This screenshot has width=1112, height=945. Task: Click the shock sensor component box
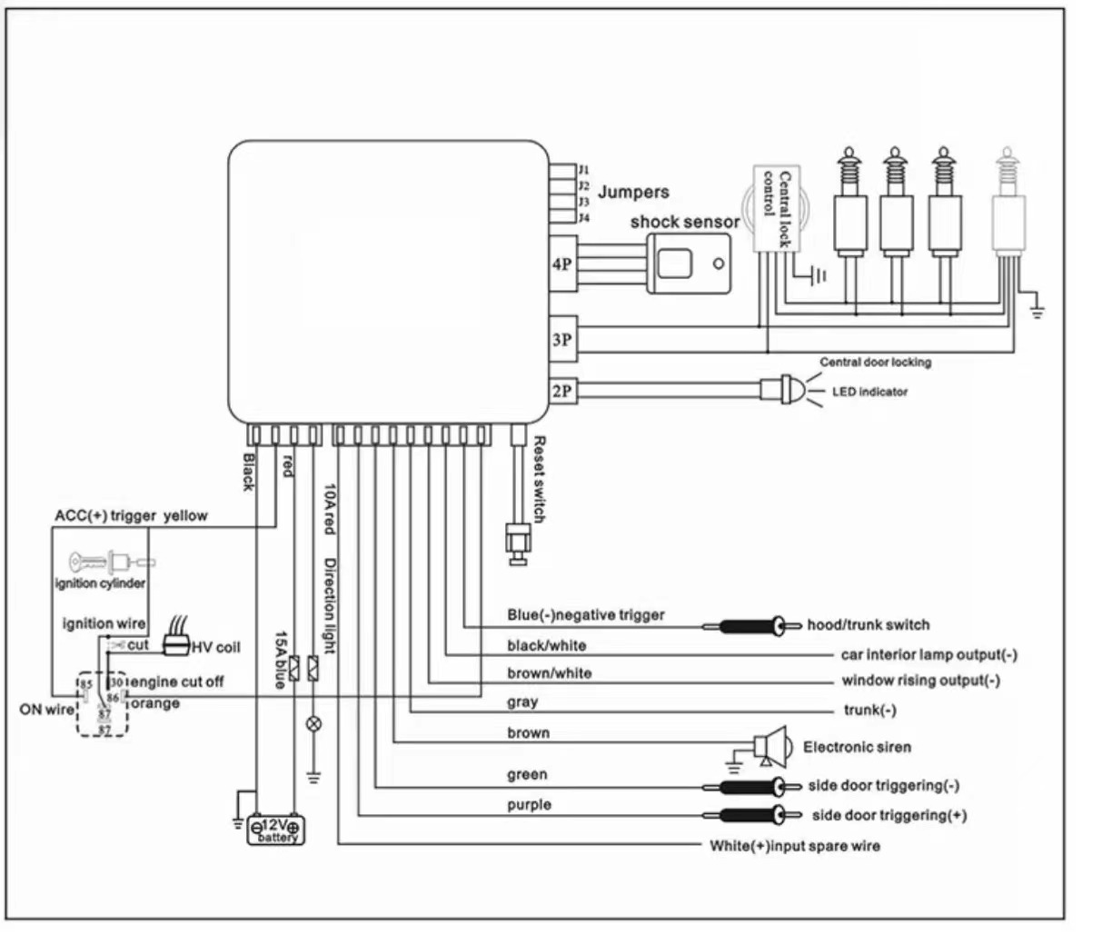pyautogui.click(x=690, y=263)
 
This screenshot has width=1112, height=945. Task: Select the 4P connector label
pyautogui.click(x=562, y=264)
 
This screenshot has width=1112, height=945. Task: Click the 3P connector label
pyautogui.click(x=562, y=339)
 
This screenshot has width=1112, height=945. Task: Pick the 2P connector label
pyautogui.click(x=562, y=391)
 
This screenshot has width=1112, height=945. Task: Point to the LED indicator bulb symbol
pyautogui.click(x=789, y=391)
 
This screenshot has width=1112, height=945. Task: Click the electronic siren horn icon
pyautogui.click(x=771, y=747)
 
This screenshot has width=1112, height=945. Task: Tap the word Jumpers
pyautogui.click(x=633, y=193)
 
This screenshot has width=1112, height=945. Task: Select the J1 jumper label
pyautogui.click(x=584, y=170)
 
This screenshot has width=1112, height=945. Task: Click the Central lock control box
pyautogui.click(x=773, y=208)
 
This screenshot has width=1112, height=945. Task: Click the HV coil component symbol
pyautogui.click(x=176, y=645)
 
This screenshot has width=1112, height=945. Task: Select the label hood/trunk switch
pyautogui.click(x=868, y=625)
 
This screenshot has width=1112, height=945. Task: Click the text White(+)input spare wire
pyautogui.click(x=794, y=846)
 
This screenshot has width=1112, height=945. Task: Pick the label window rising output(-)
pyautogui.click(x=920, y=681)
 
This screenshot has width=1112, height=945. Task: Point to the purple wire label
pyautogui.click(x=529, y=805)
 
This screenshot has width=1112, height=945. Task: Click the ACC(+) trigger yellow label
pyautogui.click(x=131, y=516)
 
